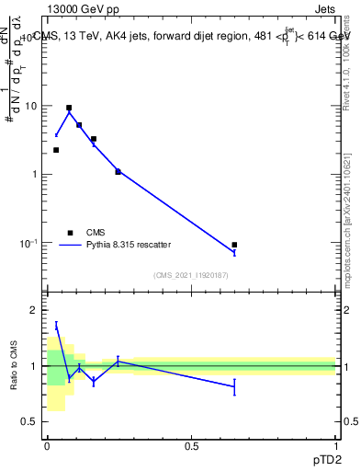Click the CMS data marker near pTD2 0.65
point(234,245)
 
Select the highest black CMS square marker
point(69,108)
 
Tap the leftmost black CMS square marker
point(56,150)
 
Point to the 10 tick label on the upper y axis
point(31,106)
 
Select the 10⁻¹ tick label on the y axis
point(29,243)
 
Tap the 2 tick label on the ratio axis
point(34,311)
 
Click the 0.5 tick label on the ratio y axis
point(30,421)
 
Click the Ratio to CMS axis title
point(13,366)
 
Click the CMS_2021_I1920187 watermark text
point(191,275)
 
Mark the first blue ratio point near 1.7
point(56,325)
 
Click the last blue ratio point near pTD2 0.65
point(234,387)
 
